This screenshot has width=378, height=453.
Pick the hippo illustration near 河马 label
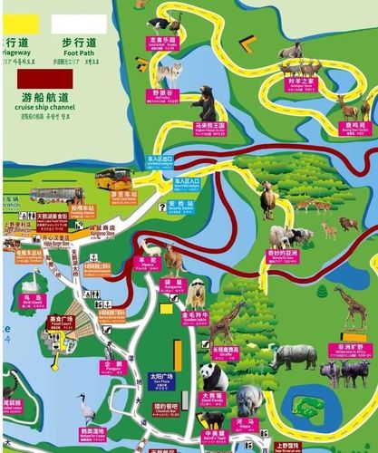[249, 399]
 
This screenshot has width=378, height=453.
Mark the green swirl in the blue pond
[313, 407]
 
